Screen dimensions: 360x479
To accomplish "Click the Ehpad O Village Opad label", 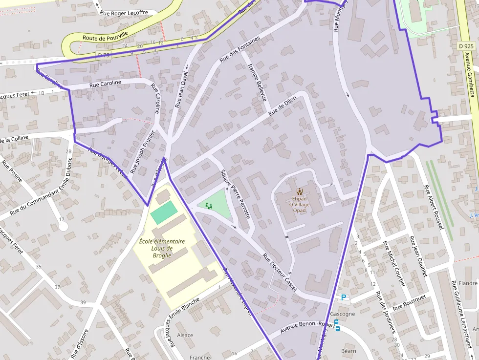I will tap(299, 204).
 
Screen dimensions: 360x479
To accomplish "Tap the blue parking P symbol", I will tap(344, 297).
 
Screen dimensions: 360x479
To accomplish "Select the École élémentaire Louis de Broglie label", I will tap(162, 248).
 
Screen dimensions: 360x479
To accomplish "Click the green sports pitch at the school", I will tap(164, 212).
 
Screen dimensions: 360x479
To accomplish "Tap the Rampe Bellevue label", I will tap(257, 82).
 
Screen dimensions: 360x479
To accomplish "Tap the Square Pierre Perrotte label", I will tap(235, 194).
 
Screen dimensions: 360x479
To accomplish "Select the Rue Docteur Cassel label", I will tap(280, 272).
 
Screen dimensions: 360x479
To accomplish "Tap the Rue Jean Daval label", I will tap(181, 91).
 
